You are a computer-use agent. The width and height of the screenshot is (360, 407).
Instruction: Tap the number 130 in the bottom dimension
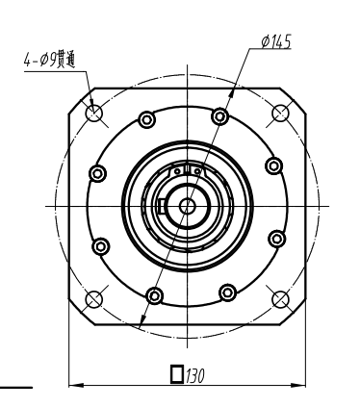tap(199, 371)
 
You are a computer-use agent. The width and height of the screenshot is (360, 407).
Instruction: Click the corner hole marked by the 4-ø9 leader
tap(94, 114)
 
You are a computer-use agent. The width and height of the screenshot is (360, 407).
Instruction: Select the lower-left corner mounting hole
tap(94, 297)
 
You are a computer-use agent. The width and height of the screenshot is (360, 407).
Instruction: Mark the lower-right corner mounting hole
tap(281, 297)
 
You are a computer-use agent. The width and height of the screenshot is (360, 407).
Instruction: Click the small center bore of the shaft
tap(187, 205)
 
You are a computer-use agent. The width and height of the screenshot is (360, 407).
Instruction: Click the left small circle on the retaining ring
tap(175, 173)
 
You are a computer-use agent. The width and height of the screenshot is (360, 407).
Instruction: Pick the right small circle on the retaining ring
tap(196, 173)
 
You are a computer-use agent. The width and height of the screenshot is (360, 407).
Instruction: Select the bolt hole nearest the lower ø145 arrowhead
tap(152, 293)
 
